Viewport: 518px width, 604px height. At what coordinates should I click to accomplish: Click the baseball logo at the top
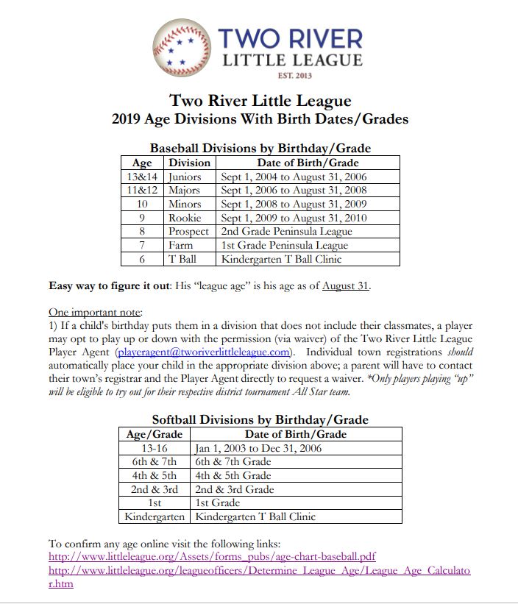click(x=183, y=49)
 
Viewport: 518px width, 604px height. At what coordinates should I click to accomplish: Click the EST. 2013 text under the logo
click(x=295, y=75)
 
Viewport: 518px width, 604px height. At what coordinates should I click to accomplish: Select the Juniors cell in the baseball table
click(x=185, y=177)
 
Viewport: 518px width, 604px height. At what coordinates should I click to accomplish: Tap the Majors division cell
click(x=185, y=191)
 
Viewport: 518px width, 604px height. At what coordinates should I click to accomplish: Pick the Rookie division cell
click(x=185, y=218)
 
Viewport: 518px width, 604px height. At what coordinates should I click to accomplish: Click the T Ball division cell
click(x=182, y=259)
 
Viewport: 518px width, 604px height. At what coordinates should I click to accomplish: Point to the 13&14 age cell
click(x=142, y=177)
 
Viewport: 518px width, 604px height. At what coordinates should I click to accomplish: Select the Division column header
click(x=190, y=163)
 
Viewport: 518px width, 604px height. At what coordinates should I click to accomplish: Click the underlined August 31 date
click(x=346, y=285)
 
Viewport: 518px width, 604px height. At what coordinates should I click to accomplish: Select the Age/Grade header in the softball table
click(x=155, y=434)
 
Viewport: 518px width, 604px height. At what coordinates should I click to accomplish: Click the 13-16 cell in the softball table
click(x=155, y=448)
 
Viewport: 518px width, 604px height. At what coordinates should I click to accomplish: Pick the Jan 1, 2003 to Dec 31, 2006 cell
click(x=258, y=448)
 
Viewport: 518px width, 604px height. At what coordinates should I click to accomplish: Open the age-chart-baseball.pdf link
click(x=212, y=557)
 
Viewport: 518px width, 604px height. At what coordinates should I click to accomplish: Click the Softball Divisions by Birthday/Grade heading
click(x=260, y=420)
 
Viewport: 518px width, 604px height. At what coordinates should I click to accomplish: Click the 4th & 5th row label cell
click(x=155, y=475)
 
